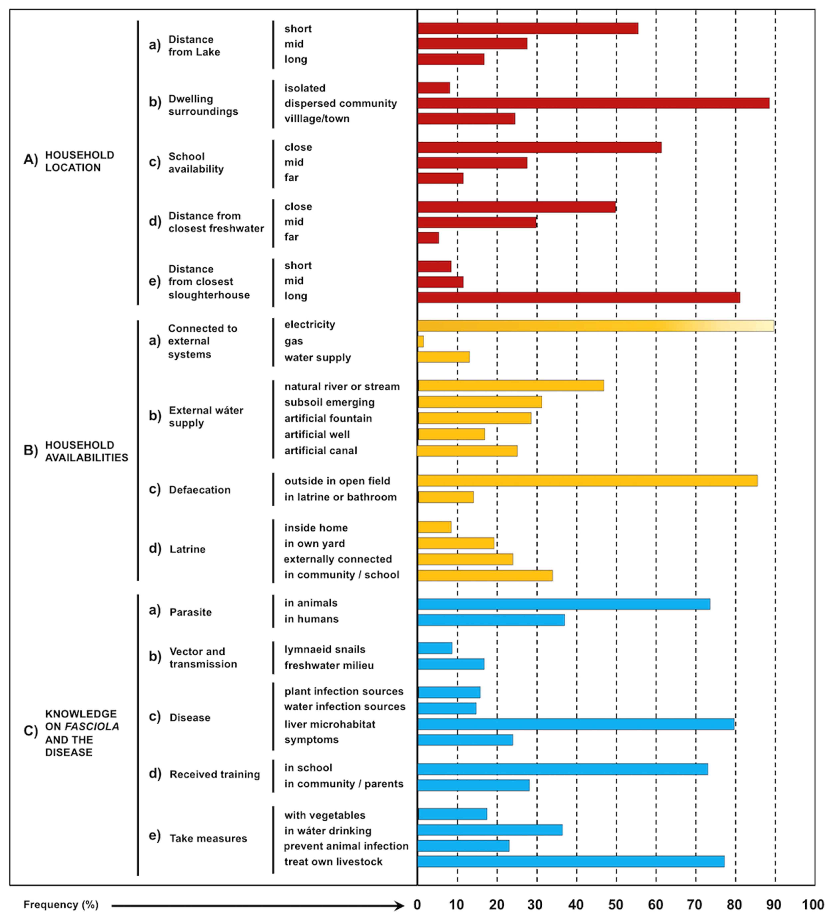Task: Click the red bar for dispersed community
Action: click(593, 103)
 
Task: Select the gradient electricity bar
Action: click(595, 326)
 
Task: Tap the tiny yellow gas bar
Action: click(420, 341)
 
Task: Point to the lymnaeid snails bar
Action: click(435, 648)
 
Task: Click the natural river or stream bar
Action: click(511, 386)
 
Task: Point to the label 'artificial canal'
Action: click(320, 450)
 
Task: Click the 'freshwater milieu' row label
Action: click(329, 665)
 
